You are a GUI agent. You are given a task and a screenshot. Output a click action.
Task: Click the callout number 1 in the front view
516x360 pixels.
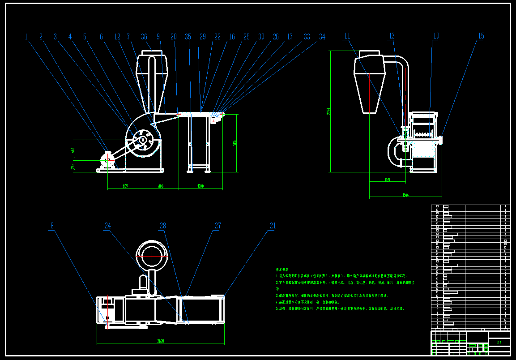tap(26, 37)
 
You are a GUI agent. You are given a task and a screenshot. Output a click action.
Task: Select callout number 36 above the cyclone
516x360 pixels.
tap(144, 37)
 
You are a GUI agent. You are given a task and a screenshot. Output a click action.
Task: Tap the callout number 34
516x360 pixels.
tap(322, 37)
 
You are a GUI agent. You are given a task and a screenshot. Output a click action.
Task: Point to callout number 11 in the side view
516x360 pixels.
tap(348, 36)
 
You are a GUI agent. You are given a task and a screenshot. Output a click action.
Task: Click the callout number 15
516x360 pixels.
tap(481, 36)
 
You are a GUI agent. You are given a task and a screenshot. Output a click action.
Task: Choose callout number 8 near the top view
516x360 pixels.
tap(52, 226)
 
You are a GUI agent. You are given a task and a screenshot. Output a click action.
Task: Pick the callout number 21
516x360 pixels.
tap(273, 226)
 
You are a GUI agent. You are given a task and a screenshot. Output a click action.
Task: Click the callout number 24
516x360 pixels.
tap(108, 226)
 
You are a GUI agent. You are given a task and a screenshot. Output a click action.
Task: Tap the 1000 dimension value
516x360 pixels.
tap(200, 186)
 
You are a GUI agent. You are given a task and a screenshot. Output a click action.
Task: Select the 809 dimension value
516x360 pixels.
tap(125, 186)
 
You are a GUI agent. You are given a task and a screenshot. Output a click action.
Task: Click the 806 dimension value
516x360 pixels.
tap(161, 186)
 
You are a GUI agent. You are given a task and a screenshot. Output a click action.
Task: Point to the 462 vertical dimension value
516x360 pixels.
tap(72, 150)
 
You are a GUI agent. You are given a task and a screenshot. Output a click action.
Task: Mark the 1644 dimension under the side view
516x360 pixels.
tap(405, 194)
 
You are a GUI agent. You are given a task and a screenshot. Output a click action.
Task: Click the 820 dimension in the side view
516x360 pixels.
tap(388, 180)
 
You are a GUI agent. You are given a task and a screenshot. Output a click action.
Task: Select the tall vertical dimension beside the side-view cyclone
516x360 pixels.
tap(329, 111)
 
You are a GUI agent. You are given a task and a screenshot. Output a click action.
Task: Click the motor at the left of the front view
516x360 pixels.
tap(108, 162)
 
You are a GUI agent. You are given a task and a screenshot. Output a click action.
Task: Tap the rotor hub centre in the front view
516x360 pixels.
tap(143, 140)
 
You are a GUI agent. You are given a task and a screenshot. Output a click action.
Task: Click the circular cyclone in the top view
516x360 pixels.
tap(151, 255)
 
